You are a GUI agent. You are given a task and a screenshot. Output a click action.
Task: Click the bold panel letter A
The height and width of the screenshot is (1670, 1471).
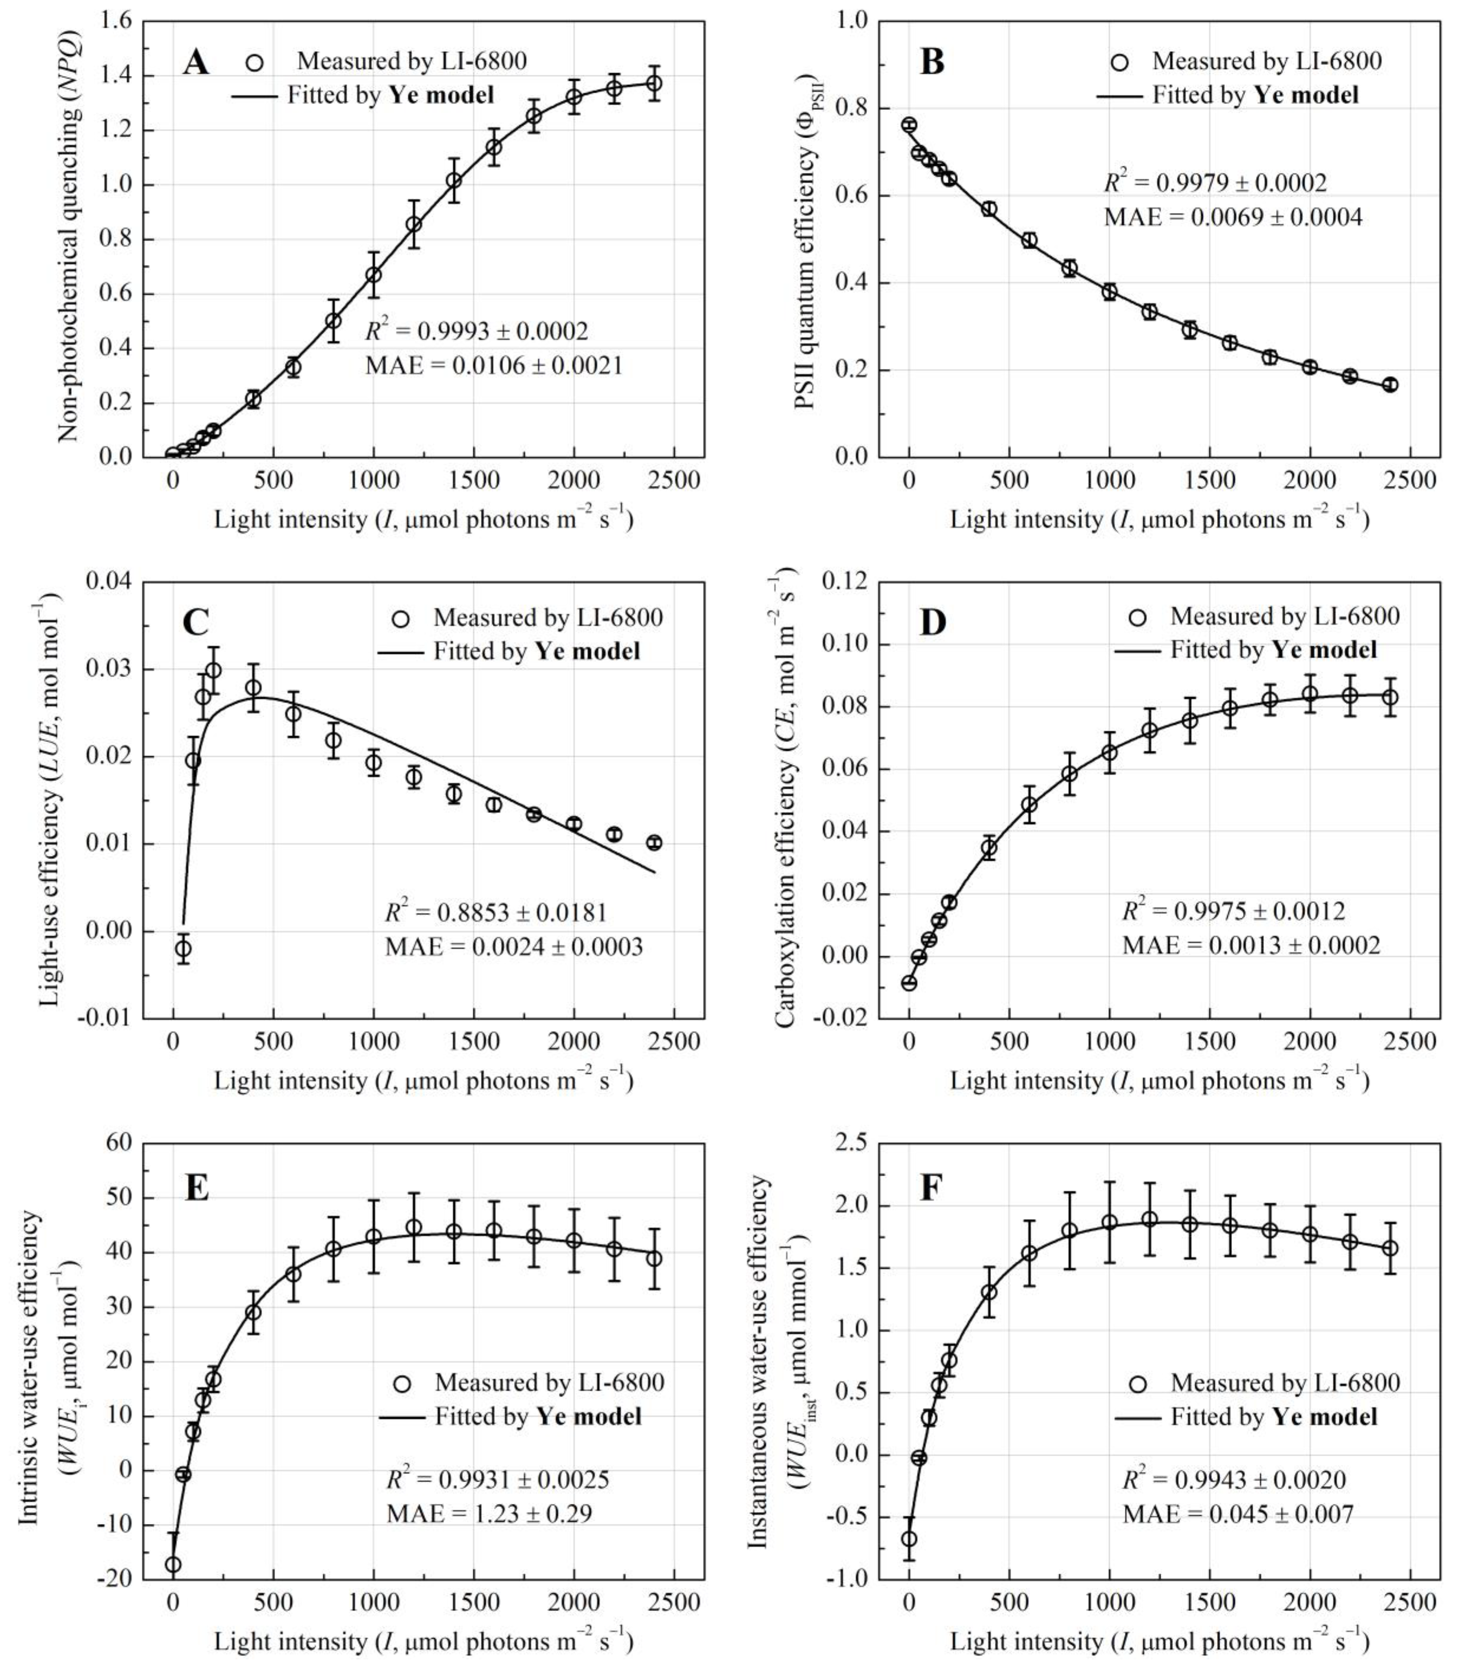[x=195, y=62]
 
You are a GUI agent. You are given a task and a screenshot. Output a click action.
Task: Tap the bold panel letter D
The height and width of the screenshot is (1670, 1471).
[x=932, y=622]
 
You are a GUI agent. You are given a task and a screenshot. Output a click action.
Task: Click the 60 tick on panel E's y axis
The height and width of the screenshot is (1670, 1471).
[x=119, y=1143]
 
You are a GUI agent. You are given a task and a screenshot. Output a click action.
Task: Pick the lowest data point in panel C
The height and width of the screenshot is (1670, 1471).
[x=183, y=948]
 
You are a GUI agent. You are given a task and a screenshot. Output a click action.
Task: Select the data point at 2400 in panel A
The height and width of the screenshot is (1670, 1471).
[x=654, y=83]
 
